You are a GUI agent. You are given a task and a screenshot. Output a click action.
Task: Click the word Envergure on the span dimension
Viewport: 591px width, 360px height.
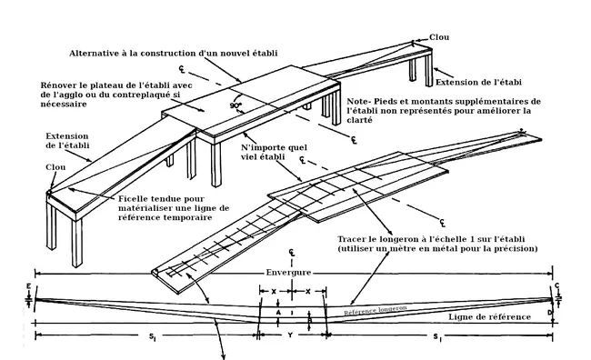pos(288,273)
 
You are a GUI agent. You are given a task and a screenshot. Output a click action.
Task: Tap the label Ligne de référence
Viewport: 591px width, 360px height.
pos(489,317)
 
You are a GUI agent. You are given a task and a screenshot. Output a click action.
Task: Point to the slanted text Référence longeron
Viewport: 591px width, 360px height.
pos(376,310)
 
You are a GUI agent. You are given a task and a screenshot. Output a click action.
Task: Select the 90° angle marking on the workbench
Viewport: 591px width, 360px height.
pos(235,105)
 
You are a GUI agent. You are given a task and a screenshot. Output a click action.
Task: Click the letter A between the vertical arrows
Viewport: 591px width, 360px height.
pos(278,313)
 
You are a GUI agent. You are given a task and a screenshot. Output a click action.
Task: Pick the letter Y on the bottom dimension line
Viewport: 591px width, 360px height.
pos(290,335)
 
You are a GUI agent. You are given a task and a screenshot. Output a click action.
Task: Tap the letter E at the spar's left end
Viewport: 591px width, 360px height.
pos(29,286)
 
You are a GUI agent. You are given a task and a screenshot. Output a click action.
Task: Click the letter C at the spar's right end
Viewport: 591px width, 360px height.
pos(557,286)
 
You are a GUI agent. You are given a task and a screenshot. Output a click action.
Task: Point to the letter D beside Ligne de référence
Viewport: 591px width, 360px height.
pos(550,313)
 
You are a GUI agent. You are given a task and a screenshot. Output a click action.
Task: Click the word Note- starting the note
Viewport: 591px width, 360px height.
pos(359,102)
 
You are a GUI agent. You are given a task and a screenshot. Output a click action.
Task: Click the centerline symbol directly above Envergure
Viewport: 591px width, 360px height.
pos(291,253)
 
